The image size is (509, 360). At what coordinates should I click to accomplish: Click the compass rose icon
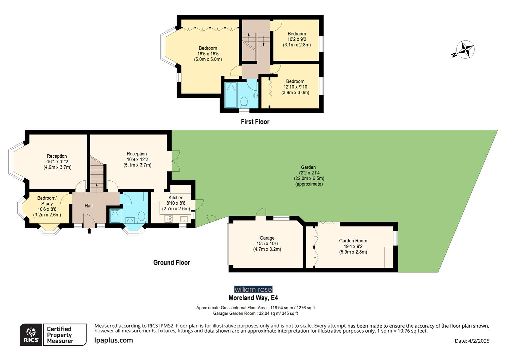tap(465, 50)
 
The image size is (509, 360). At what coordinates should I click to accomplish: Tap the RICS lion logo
tap(31, 334)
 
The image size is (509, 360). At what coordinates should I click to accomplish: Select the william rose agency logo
tap(253, 289)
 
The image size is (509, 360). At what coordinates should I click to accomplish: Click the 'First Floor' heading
tap(255, 122)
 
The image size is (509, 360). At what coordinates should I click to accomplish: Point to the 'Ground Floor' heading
tap(172, 263)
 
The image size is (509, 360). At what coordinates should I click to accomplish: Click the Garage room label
tap(267, 238)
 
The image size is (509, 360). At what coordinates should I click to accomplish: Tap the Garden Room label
tap(353, 241)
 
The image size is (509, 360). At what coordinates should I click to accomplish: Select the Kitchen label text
tap(176, 198)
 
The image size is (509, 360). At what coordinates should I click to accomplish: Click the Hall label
tap(88, 206)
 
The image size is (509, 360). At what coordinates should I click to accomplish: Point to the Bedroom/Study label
tap(47, 201)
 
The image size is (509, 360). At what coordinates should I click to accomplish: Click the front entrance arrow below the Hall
tap(89, 230)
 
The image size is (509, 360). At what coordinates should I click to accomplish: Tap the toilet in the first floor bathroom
tap(244, 101)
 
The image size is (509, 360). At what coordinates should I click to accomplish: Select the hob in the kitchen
tap(168, 219)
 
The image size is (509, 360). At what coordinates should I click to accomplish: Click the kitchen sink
tap(184, 219)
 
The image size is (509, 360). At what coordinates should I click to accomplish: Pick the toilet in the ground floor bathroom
tap(141, 217)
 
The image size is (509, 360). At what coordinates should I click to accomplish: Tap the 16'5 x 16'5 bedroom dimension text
tap(208, 54)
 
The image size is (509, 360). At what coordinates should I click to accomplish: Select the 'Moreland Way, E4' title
tap(253, 298)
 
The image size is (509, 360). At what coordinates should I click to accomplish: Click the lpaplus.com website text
tap(114, 340)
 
